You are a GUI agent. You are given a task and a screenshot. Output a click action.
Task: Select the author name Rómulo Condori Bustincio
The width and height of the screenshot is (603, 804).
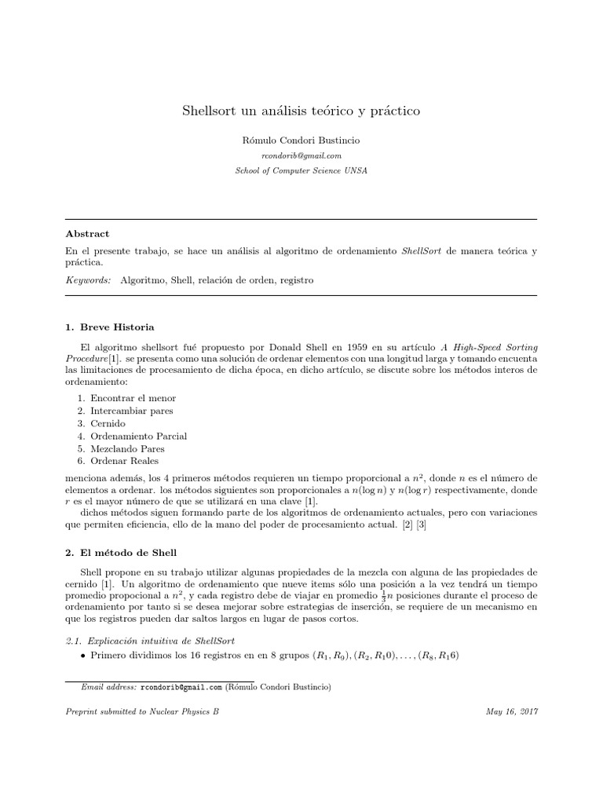(301, 141)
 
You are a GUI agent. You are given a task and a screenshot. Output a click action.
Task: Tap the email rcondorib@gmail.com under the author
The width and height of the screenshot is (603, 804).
(301, 155)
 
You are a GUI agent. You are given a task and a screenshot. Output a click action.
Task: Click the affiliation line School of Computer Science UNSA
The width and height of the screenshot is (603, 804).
(301, 170)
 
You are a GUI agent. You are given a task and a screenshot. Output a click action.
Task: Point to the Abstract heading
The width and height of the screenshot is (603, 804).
(87, 234)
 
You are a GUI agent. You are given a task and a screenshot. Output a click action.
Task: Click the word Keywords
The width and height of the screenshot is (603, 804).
(87, 280)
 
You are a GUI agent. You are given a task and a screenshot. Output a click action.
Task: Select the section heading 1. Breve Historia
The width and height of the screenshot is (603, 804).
(110, 327)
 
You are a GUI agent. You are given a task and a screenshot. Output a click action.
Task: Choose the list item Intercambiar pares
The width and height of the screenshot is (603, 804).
(131, 411)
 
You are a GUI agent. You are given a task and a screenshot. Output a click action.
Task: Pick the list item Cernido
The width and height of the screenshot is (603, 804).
(108, 423)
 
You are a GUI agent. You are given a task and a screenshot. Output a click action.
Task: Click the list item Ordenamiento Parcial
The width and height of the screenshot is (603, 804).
(138, 436)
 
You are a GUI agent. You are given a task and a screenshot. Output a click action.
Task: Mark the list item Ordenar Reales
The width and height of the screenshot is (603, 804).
(124, 461)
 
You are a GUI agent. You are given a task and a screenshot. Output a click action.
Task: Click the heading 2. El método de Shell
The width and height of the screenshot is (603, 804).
(122, 551)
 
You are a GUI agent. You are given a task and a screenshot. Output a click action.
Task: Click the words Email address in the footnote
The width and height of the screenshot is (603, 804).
(109, 687)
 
